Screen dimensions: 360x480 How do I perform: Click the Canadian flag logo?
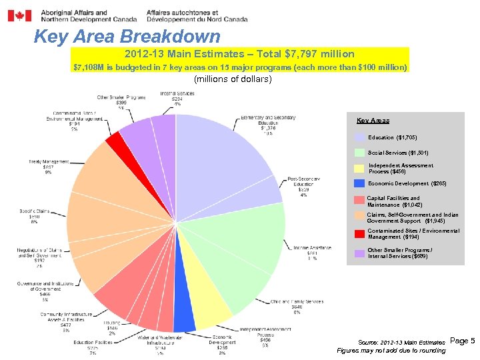[x=19, y=15]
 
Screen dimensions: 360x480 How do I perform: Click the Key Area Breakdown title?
[x=127, y=37]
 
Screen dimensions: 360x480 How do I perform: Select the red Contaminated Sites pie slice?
[x=114, y=141]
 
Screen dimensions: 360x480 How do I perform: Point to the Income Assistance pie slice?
[x=257, y=237]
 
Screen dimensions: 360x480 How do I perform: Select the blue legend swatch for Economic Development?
[x=359, y=183]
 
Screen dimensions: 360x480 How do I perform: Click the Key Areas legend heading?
[x=373, y=121]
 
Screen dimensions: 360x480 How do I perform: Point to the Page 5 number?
[x=462, y=341]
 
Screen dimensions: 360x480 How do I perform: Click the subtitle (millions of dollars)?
[x=232, y=79]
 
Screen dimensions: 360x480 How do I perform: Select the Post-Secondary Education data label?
[x=303, y=187]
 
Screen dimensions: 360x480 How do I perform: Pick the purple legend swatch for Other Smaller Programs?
[x=359, y=253]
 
